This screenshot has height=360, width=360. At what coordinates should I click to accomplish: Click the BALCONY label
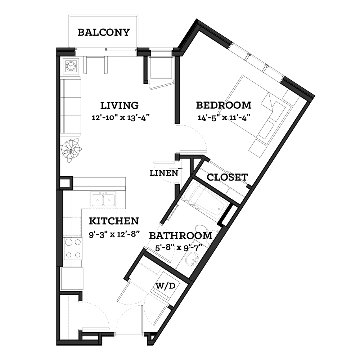(x=104, y=32)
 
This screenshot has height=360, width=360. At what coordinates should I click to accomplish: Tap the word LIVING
(x=120, y=105)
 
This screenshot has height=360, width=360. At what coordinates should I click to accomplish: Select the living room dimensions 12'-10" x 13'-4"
(x=121, y=118)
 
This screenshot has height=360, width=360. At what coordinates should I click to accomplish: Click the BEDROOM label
(x=224, y=105)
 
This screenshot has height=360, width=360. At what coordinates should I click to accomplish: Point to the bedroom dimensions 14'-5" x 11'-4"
(x=224, y=118)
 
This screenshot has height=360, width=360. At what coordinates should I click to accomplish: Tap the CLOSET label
(x=227, y=177)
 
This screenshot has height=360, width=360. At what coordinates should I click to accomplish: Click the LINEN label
(x=164, y=173)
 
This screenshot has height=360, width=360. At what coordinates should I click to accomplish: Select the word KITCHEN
(x=114, y=221)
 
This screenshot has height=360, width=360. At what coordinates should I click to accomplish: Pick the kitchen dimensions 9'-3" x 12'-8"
(x=114, y=234)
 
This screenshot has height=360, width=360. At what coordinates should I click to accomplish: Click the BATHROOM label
(x=181, y=236)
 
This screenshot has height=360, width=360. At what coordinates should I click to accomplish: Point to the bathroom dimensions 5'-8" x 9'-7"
(x=179, y=248)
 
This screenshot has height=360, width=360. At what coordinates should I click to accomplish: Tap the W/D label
(x=166, y=286)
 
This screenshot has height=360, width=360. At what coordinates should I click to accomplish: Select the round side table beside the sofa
(x=70, y=66)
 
